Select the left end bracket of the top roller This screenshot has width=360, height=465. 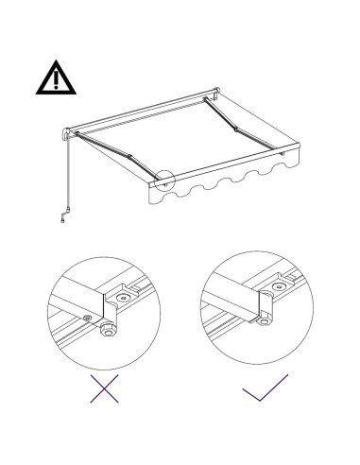click(67, 132)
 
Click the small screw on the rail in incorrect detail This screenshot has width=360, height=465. click(88, 319)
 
